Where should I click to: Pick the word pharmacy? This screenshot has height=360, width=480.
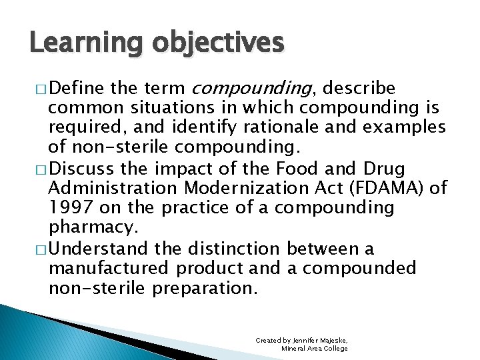pos(93,228)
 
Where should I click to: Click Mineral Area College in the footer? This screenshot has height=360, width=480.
pos(315,349)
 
